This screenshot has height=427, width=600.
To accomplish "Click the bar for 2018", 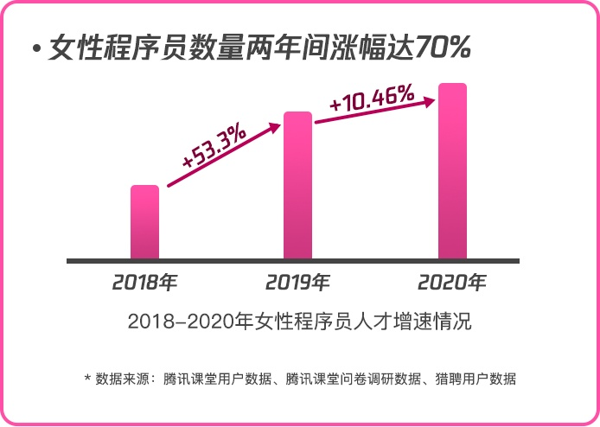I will pos(144,221).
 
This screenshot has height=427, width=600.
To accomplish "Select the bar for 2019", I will pos(297,185).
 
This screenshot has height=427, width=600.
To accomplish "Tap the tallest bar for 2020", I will pos(452,170).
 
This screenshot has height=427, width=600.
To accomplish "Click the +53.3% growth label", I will pos(214,147).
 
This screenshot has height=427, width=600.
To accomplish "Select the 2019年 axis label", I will pos(297,282).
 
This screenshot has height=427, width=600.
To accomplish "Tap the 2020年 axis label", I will pos(452,282).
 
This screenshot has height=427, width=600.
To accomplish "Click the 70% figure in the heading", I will pos(443,48).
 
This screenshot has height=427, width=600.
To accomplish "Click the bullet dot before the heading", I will pos(36,49).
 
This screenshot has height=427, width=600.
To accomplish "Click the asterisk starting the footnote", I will pos(87,379).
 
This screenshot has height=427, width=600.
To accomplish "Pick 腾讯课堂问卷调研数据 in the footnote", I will pos(353,379).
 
